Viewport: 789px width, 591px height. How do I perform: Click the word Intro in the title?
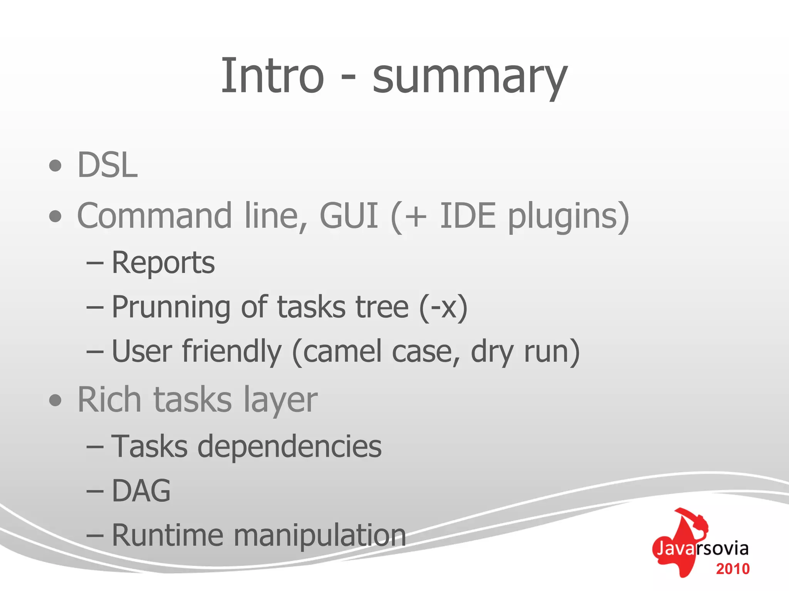point(272,75)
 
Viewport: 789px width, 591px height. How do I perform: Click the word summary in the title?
point(470,77)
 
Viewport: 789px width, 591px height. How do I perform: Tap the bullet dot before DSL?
point(55,166)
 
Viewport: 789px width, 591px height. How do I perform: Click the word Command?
point(154,216)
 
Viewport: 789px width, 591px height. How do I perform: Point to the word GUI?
point(349,216)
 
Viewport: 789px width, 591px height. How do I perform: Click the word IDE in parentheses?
point(467,216)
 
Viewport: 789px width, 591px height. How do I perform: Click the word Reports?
point(163,263)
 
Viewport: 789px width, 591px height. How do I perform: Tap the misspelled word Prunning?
point(171,307)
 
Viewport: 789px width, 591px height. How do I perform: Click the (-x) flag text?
point(443,307)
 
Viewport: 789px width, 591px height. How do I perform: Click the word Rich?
point(109,400)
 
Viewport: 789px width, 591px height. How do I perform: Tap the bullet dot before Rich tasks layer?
point(55,401)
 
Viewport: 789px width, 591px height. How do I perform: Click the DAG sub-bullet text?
point(141,491)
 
